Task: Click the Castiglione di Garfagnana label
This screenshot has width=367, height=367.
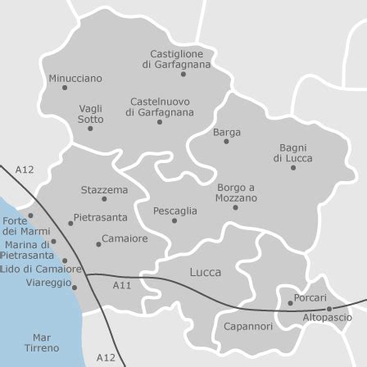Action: tap(176, 59)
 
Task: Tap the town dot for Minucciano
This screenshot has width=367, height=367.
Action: tap(65, 88)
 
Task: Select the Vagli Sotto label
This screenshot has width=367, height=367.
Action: tap(90, 114)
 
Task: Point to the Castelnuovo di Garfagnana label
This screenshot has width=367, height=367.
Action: tap(160, 107)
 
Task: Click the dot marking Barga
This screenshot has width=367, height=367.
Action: tap(227, 142)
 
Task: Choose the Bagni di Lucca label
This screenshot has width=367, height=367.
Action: tap(292, 153)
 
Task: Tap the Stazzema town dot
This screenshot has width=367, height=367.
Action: tap(104, 199)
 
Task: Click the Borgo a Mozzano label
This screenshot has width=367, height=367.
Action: tap(236, 193)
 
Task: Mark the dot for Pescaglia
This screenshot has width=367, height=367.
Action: tap(174, 220)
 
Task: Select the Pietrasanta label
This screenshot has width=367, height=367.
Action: tap(101, 218)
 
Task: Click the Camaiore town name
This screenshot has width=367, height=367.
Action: tap(125, 239)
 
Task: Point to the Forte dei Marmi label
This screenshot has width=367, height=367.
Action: tap(14, 226)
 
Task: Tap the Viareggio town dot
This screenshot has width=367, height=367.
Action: tap(75, 287)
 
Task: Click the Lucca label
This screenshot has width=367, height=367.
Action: tap(205, 272)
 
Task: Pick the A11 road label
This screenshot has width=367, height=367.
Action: tap(122, 286)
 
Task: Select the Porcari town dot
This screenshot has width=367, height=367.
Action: tap(290, 303)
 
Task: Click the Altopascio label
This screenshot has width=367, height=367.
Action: tap(328, 317)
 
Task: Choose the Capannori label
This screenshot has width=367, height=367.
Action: tap(248, 326)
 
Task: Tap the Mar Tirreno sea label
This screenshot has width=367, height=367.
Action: tap(41, 342)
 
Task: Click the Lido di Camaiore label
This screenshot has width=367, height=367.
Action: tap(40, 269)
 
